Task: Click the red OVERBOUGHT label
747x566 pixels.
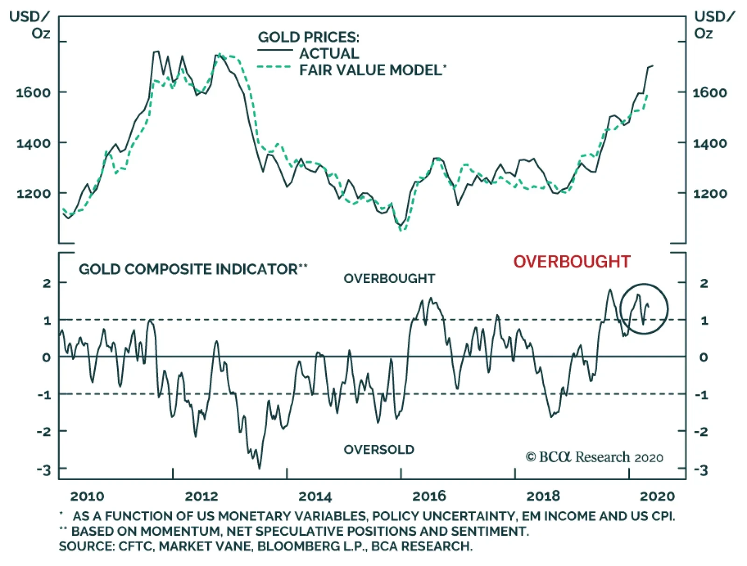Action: coord(572,262)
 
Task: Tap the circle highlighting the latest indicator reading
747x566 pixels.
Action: coord(644,309)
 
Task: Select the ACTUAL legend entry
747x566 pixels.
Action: coord(329,53)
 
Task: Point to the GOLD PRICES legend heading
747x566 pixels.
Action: coord(309,37)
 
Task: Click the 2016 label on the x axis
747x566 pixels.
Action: coord(429,496)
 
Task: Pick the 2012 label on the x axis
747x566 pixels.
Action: coord(201,496)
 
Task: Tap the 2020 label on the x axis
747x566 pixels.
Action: coord(657,496)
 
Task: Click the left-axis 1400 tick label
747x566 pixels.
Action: coord(34,143)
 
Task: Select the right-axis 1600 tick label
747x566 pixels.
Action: coord(710,92)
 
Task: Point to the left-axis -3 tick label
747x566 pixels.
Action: coord(44,469)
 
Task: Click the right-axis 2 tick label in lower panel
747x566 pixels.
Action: coord(704,283)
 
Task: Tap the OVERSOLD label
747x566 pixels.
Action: coord(379,449)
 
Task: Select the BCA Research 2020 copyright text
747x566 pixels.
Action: coord(594,457)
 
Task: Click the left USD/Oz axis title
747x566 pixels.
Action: coord(29,25)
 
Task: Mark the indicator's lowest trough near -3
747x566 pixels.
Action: coord(259,468)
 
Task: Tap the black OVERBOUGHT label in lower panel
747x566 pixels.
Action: coord(389,278)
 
